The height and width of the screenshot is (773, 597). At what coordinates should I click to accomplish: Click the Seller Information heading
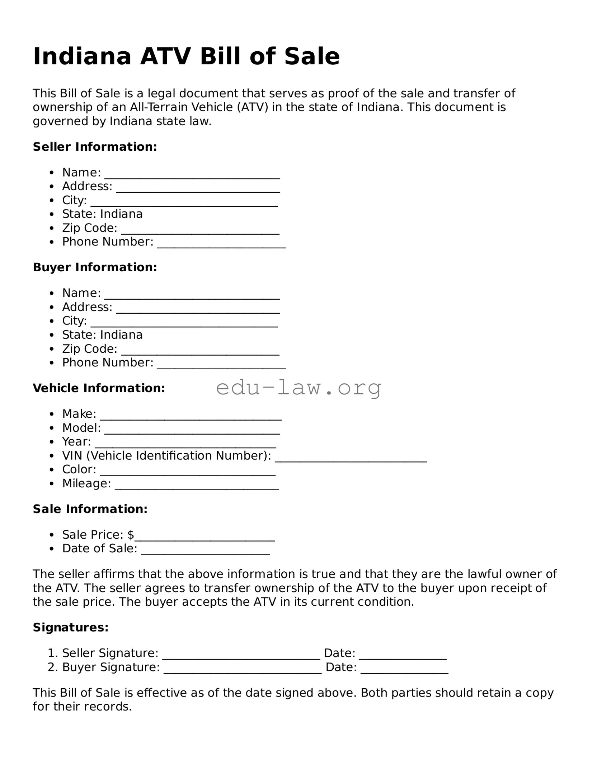coord(95,147)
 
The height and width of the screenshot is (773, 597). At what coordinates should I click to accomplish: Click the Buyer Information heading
coord(95,267)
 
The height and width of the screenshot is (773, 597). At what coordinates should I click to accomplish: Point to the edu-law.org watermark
coord(298,388)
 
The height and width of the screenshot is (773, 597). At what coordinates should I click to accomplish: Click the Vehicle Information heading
coord(99,388)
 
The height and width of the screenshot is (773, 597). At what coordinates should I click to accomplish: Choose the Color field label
coord(79,469)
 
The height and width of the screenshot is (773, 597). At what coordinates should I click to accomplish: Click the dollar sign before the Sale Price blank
coord(131,535)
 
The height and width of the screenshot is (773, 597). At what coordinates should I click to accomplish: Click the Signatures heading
coord(71,627)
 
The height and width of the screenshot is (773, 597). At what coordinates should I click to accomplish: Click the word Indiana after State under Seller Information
coord(121,214)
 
